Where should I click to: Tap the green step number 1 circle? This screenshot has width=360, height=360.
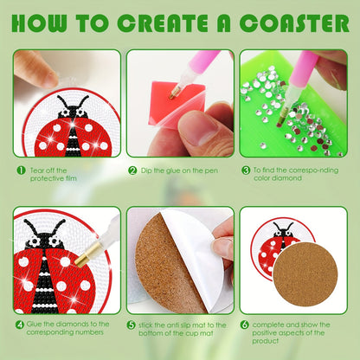tap(20, 170)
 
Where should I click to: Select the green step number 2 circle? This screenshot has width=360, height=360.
tap(132, 171)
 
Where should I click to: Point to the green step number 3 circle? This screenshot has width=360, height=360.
tap(246, 171)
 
